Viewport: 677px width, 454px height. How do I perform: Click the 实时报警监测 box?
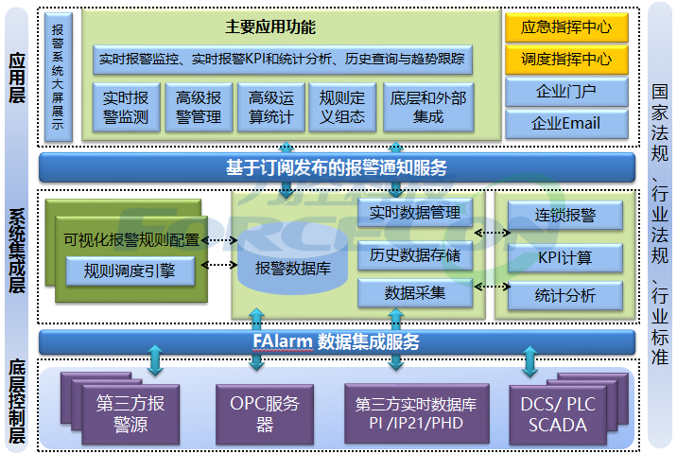(125, 107)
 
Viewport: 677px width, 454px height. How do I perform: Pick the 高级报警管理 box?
(199, 107)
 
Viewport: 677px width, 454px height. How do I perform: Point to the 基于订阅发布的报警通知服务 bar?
(337, 167)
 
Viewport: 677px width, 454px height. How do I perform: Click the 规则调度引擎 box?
(130, 271)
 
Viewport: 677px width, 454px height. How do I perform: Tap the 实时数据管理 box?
(415, 214)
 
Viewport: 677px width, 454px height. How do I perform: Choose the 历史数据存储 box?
(415, 253)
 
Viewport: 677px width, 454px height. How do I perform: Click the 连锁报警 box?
(565, 215)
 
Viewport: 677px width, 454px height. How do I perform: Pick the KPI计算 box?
(565, 255)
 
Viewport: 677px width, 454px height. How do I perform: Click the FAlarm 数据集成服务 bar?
(337, 341)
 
